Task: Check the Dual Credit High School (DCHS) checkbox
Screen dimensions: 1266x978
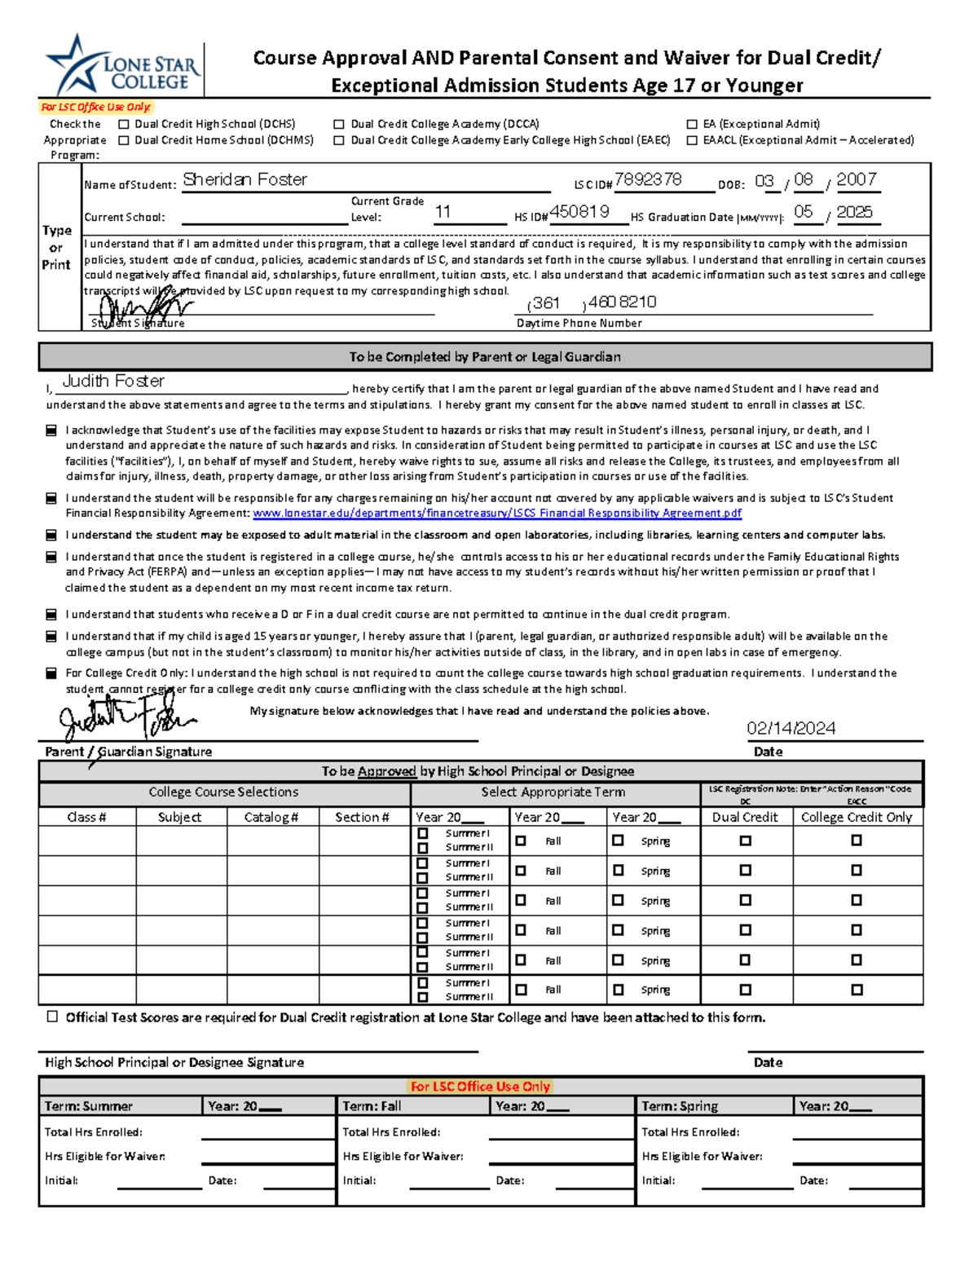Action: pos(124,125)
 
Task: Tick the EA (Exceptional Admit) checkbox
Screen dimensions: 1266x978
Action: pos(692,125)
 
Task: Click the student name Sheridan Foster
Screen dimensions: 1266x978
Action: pos(244,180)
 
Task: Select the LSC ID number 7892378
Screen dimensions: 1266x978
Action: pos(648,180)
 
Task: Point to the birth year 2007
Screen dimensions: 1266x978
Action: pos(856,180)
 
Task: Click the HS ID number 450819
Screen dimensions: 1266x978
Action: pos(579,212)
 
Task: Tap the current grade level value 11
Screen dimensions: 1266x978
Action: pos(443,213)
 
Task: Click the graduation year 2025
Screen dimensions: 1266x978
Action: pos(854,212)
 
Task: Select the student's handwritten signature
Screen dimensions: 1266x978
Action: pos(143,307)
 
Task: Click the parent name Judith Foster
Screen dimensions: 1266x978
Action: pos(113,382)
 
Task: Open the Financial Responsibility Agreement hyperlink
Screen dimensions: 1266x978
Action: pos(497,514)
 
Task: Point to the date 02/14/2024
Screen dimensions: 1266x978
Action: pos(791,729)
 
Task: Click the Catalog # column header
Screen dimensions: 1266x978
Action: pos(271,818)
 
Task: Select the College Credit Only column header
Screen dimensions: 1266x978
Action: pos(857,818)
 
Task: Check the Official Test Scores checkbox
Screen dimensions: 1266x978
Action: pos(53,1017)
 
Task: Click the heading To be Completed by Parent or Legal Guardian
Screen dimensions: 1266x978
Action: pos(485,357)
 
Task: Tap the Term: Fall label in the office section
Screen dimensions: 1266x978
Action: pos(372,1106)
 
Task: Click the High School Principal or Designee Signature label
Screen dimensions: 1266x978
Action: pos(174,1063)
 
